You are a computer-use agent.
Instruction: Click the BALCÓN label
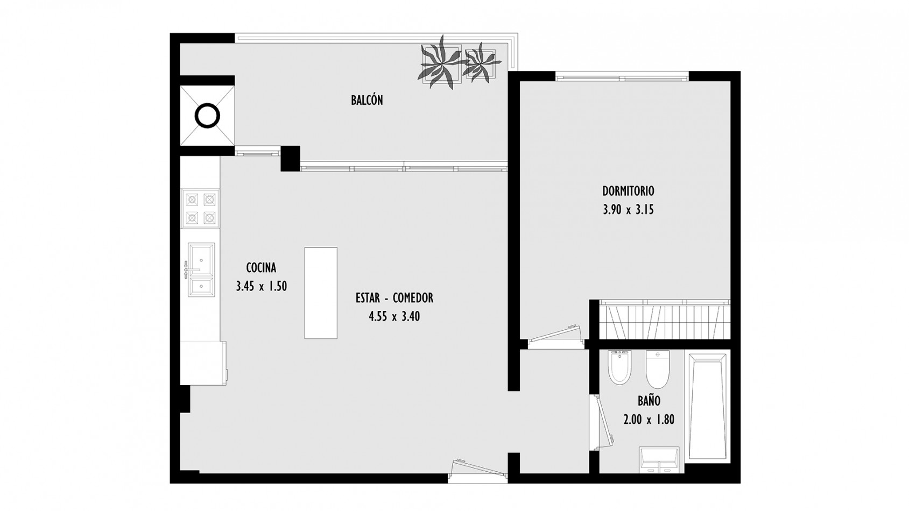pos(367,100)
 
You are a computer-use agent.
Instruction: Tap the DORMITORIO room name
pos(628,191)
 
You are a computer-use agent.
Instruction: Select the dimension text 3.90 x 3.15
pos(628,210)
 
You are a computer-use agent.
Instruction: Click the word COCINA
pos(262,268)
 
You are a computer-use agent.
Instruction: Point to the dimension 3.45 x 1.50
pos(262,287)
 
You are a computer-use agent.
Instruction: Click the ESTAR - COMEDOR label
pos(394,298)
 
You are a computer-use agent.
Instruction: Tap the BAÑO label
pos(649,401)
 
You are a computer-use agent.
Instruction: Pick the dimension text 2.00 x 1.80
pos(649,420)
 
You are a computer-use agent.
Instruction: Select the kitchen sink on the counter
pos(201,269)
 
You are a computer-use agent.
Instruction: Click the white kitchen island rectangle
pos(321,293)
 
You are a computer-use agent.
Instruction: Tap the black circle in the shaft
pos(207,116)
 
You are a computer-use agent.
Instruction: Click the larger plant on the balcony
pos(441,63)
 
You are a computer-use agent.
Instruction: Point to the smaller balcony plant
pos(481,63)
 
